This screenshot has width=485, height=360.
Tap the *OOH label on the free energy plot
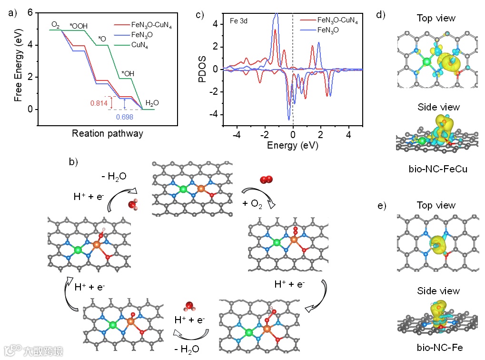point(79,26)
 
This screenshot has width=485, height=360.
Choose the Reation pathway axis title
point(108,133)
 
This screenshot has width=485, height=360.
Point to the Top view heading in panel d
point(436,18)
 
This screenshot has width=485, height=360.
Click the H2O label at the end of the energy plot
point(152,102)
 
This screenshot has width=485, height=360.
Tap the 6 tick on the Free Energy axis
point(30,12)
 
